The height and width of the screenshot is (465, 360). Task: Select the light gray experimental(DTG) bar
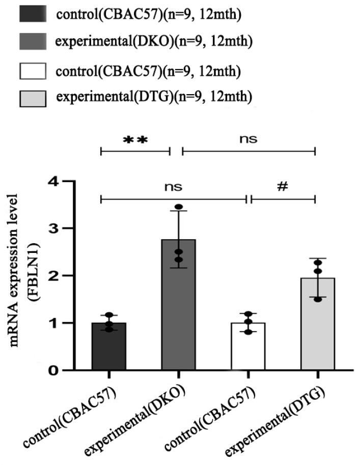tap(317, 326)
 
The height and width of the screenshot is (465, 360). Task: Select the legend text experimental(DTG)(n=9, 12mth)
tap(155, 97)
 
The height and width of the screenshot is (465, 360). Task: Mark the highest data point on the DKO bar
tap(179, 207)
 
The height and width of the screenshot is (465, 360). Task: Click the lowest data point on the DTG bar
tap(317, 299)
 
